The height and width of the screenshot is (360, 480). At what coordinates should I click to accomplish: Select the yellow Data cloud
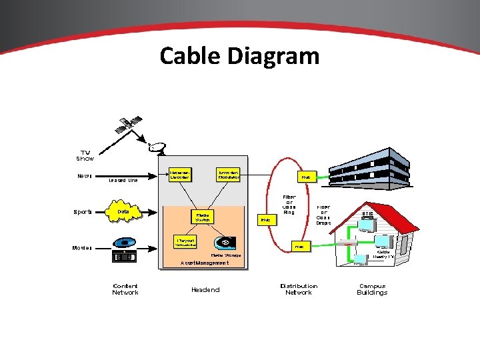coord(124,211)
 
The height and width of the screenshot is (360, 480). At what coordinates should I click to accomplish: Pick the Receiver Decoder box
coord(181,175)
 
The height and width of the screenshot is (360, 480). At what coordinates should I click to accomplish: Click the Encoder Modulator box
coord(228,175)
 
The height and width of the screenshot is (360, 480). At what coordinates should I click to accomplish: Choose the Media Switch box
coord(203,217)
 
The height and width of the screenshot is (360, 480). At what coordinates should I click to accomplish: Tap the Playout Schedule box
coord(184,242)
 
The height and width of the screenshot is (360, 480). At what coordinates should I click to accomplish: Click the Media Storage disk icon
coord(224,242)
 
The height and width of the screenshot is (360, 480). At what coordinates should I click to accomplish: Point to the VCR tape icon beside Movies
coord(125,257)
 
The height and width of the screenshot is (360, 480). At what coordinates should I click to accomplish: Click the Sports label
coord(83,212)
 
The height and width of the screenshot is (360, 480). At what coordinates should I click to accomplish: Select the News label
coord(85,177)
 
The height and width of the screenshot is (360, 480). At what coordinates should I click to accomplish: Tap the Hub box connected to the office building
coord(305,177)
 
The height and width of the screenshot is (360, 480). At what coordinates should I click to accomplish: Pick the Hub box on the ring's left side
coord(265,219)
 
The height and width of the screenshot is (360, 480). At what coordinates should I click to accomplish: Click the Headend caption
coord(205,289)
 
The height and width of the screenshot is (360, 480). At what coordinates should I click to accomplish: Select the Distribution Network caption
coord(299,289)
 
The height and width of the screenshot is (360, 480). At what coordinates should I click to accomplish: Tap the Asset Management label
coord(205,263)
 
